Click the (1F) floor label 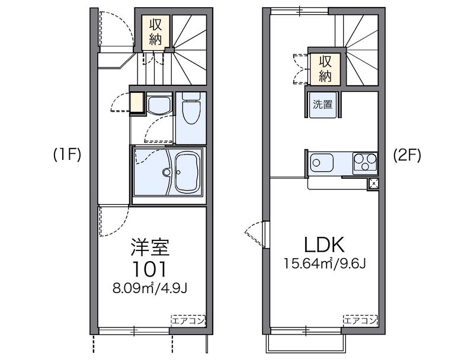(x=67, y=156)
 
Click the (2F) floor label (x=407, y=156)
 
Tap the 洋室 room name (x=150, y=247)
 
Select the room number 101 (x=150, y=269)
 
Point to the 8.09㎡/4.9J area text (x=150, y=288)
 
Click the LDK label (x=324, y=245)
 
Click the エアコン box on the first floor (x=188, y=320)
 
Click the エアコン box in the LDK (x=360, y=320)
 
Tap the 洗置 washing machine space (x=323, y=104)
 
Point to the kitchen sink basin (x=321, y=163)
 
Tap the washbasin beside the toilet (x=159, y=105)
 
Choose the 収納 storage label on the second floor (x=325, y=69)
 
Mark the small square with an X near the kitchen (x=374, y=184)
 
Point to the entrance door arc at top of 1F (x=123, y=25)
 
